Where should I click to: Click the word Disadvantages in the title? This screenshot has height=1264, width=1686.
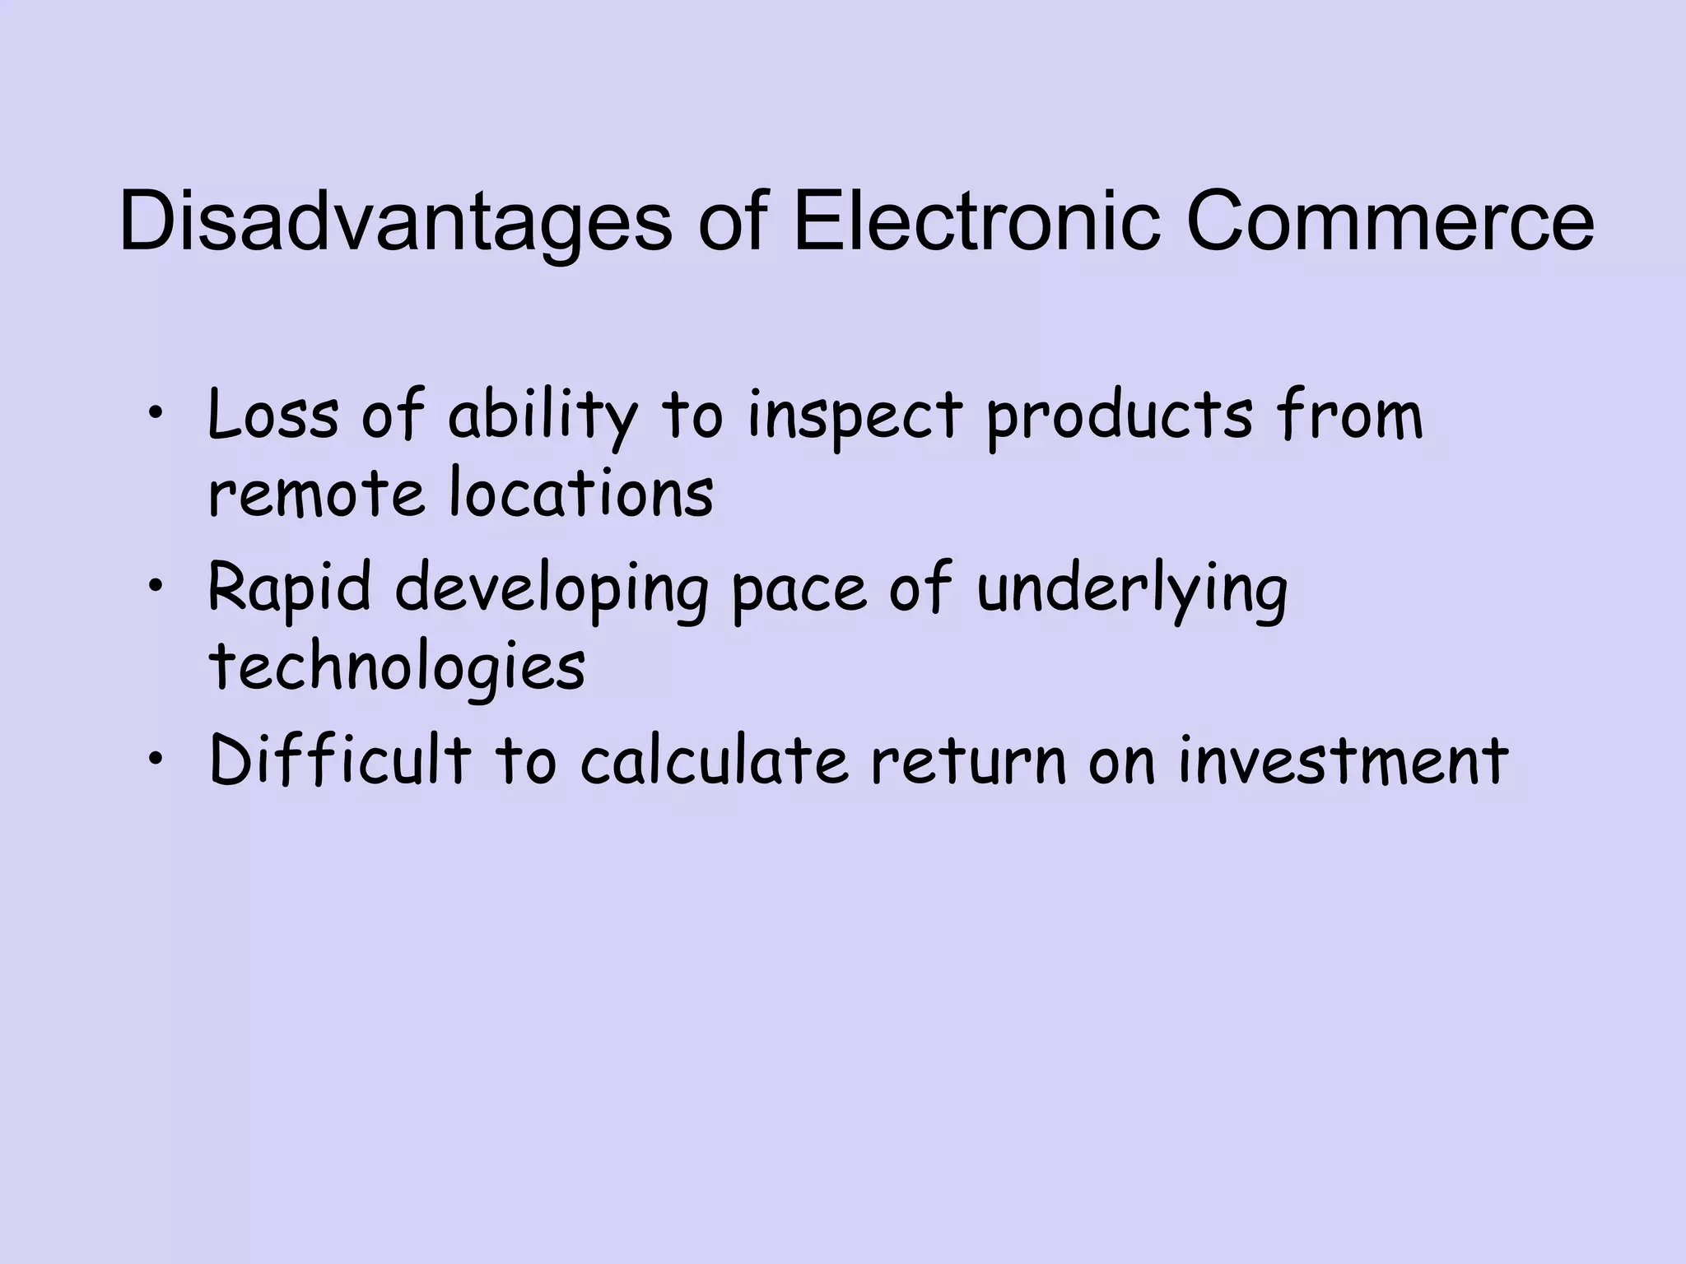coord(396,224)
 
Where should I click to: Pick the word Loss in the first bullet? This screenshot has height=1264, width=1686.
coord(272,415)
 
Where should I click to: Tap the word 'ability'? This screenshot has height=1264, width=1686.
coord(543,416)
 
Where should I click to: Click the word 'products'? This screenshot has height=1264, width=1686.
coord(1120,416)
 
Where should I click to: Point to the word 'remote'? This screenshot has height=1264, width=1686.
coord(317,494)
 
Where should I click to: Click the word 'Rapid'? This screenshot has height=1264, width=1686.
coord(289,589)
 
